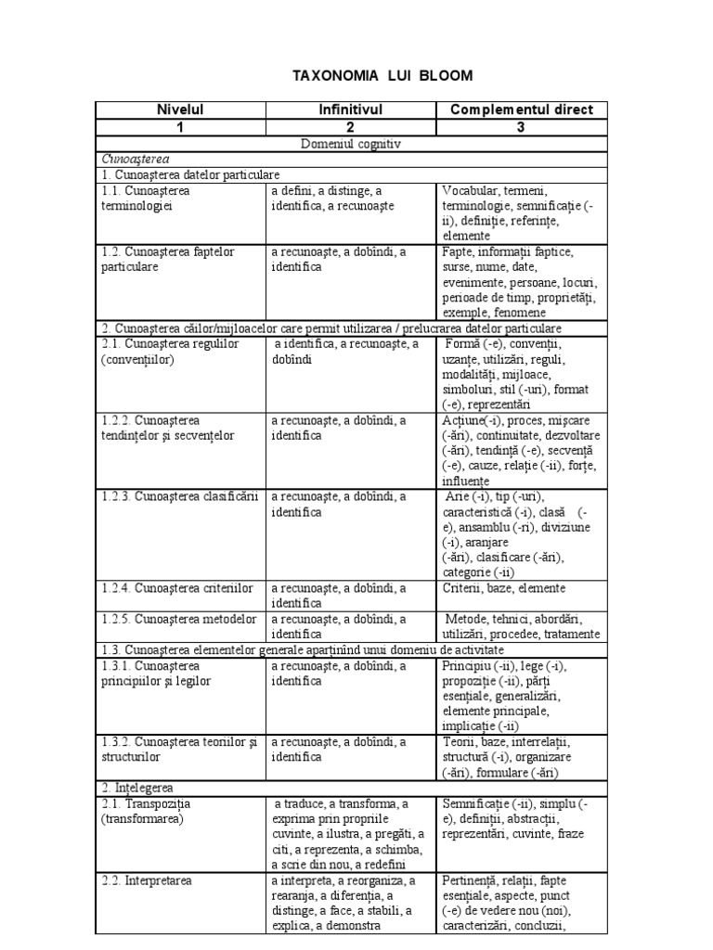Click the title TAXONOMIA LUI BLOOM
(357, 75)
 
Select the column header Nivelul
(180, 109)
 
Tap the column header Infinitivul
(351, 109)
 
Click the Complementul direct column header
(521, 109)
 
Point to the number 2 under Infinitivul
(351, 127)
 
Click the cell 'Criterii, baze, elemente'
(505, 587)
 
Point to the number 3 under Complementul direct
(521, 127)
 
